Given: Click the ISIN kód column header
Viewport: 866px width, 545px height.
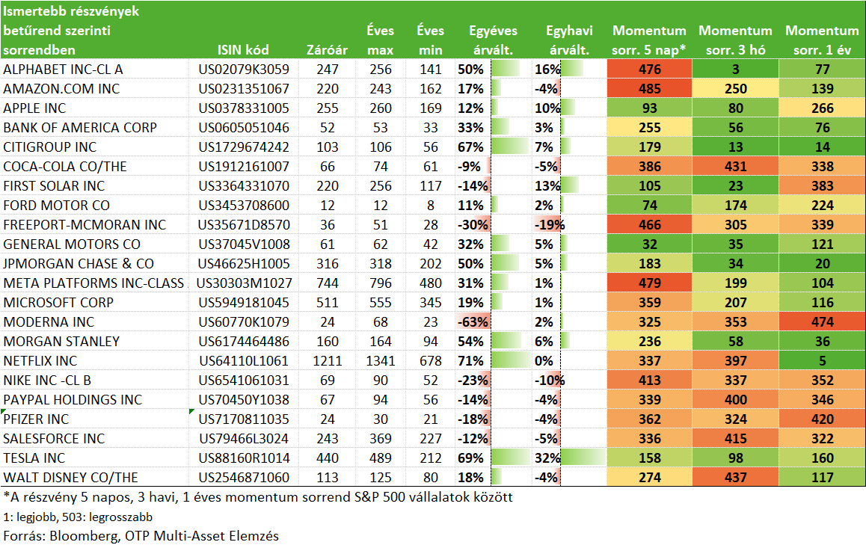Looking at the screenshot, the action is [x=243, y=49].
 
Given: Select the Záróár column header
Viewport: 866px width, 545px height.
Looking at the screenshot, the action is [x=327, y=49].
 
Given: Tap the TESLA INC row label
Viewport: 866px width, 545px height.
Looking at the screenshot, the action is [x=34, y=458].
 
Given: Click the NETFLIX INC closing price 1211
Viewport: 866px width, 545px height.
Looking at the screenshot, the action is [x=327, y=360].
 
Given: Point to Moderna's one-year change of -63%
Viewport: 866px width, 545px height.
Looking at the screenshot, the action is [x=473, y=322].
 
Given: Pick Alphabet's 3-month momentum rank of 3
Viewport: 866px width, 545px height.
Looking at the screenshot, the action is [x=736, y=69].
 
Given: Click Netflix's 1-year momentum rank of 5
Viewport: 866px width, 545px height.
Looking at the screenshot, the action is [x=823, y=360].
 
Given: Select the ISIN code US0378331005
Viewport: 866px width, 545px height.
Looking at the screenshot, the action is [x=244, y=108].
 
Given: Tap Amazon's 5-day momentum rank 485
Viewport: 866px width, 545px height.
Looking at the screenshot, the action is [x=649, y=88].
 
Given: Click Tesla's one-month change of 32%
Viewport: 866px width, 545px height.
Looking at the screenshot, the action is [x=547, y=458].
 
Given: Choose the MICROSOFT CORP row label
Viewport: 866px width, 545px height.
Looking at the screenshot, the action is [x=58, y=303].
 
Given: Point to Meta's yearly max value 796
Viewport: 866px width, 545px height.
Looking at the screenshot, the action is [x=381, y=283].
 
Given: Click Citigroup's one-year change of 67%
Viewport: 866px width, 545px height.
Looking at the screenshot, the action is [x=470, y=147].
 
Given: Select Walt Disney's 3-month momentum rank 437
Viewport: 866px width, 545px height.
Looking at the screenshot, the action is [x=736, y=478].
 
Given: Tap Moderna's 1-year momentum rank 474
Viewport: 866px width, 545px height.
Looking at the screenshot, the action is [x=823, y=322].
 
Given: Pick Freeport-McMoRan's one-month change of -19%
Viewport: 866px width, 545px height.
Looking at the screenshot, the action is [x=550, y=225].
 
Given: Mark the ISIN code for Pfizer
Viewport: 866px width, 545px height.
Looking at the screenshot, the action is [x=244, y=419].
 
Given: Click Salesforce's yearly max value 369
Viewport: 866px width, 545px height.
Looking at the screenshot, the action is [x=381, y=438].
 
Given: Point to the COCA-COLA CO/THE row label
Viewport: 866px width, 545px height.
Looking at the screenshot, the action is [x=64, y=166].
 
